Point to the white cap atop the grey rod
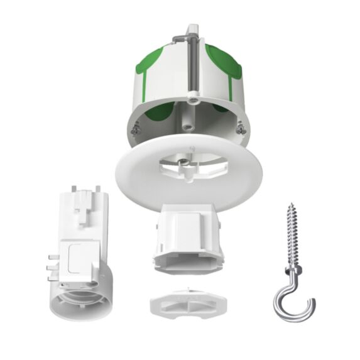(x=191, y=31)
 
